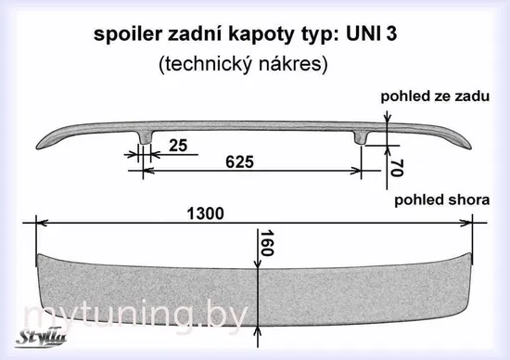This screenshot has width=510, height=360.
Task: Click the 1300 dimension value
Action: coord(205,213)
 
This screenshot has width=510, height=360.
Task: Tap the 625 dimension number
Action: coord(240,162)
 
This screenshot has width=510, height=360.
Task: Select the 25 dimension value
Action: coord(178,145)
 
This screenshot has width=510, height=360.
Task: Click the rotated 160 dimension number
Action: coord(267,243)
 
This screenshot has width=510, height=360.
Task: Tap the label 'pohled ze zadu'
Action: coord(435,96)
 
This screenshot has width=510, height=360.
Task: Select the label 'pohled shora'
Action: coord(442,199)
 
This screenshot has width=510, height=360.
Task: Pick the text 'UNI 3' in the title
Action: coord(372,33)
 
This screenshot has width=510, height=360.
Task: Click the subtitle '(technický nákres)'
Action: coord(243,64)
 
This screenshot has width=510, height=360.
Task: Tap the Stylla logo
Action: coord(41,339)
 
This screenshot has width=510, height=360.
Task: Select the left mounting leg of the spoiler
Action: coord(145,137)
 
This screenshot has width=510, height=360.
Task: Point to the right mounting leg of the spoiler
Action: coord(360,137)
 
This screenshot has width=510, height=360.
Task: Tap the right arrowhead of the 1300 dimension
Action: coord(465,223)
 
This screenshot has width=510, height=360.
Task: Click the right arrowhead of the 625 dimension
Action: coord(355,170)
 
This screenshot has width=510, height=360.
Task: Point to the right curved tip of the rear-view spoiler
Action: coord(466,144)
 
